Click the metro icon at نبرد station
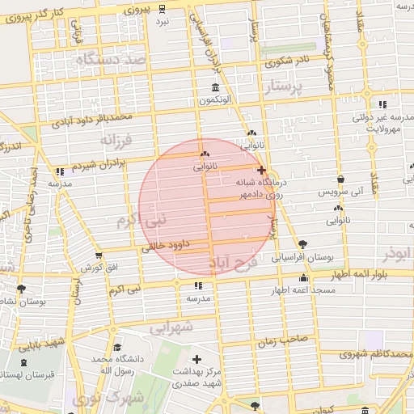click(x=163, y=9)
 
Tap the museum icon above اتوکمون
click(x=215, y=87)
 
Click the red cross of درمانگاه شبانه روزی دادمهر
click(x=260, y=171)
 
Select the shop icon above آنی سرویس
click(x=340, y=179)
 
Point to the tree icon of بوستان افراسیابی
click(x=302, y=243)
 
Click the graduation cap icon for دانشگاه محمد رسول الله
click(x=119, y=346)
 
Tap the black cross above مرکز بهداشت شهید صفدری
click(x=196, y=358)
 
